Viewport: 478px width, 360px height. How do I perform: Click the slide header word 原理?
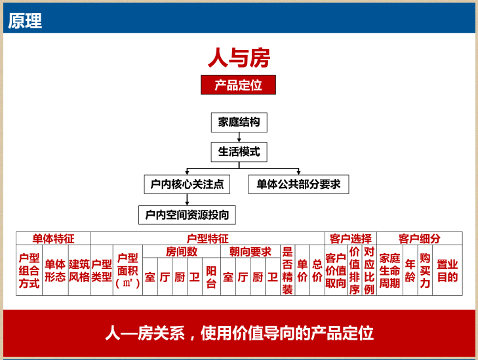pos(25,20)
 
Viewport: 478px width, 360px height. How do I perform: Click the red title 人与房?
pos(239,58)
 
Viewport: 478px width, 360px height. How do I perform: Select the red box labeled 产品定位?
pos(238,85)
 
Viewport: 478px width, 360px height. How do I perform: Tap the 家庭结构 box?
pos(239,122)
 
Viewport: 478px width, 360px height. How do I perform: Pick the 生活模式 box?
pos(239,152)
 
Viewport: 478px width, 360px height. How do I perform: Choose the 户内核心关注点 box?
pos(187,184)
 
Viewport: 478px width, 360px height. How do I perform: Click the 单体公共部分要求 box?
pos(298,184)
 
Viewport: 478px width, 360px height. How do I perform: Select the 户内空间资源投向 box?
pos(187,214)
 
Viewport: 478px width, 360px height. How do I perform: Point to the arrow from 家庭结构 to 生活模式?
pos(239,137)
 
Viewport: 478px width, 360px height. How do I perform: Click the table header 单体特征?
pos(53,239)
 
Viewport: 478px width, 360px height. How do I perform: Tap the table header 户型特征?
pos(208,239)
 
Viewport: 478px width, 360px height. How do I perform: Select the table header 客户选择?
pos(350,239)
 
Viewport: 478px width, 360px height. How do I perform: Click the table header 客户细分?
pos(419,239)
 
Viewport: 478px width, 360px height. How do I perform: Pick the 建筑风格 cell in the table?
pos(79,270)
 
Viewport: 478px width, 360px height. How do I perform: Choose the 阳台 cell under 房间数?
pos(210,277)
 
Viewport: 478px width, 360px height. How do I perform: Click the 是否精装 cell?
pos(287,270)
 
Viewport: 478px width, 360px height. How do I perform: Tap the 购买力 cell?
pos(425,270)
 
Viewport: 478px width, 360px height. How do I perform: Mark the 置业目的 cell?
pos(447,270)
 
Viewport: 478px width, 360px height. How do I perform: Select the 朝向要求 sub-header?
pos(250,252)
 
